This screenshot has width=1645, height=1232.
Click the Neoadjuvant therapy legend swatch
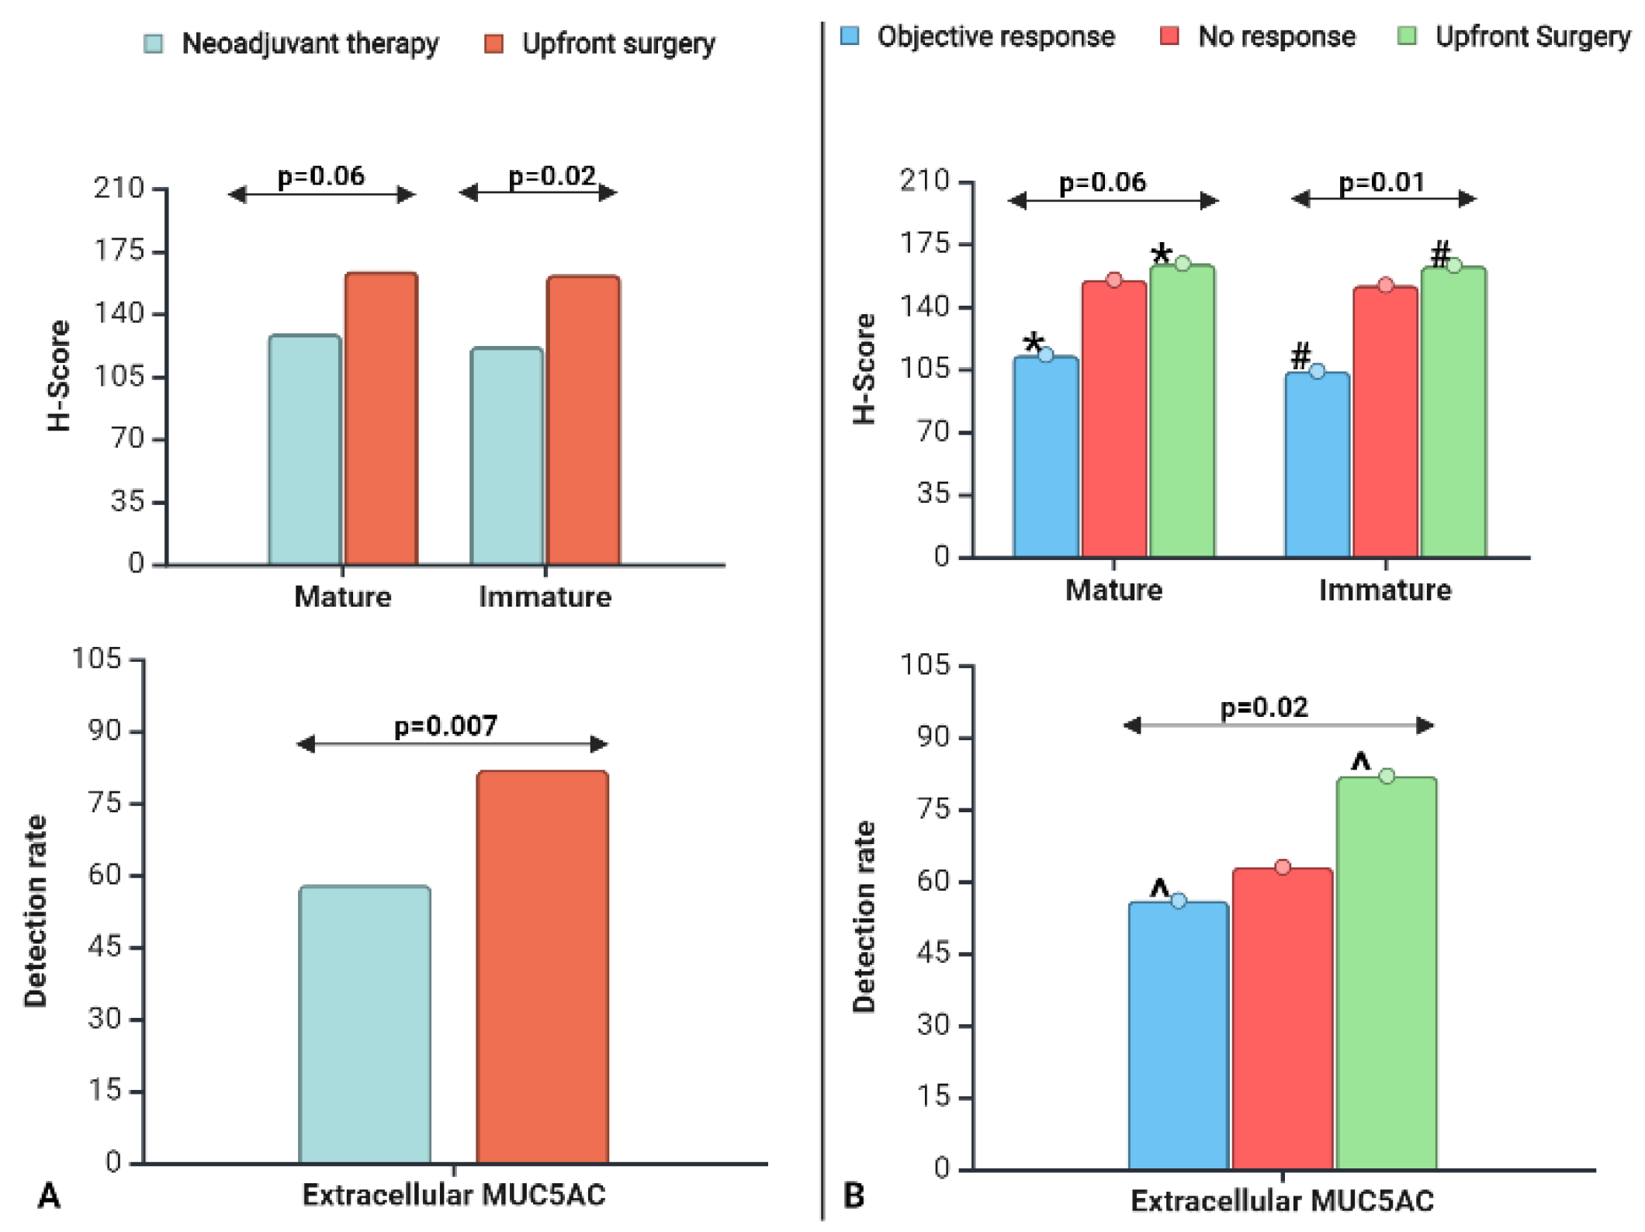154,43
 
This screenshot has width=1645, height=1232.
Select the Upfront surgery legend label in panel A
618,43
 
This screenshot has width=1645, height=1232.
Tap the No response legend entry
1276,36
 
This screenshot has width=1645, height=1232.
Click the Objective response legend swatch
850,36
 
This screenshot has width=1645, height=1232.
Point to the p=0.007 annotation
445,726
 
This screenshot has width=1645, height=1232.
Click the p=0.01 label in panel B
1382,182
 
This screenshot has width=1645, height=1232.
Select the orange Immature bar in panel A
584,420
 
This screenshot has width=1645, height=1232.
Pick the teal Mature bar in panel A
305,449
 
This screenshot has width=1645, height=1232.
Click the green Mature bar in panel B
1182,410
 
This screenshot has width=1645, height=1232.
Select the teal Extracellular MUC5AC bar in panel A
365,1024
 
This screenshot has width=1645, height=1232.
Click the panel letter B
854,1196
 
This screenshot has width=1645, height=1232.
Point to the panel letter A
48,1196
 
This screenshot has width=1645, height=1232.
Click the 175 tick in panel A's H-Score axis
119,251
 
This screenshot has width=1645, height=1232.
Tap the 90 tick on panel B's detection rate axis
931,737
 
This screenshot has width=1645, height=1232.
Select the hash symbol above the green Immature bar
1439,254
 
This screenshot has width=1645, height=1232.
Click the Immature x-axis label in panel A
545,597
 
